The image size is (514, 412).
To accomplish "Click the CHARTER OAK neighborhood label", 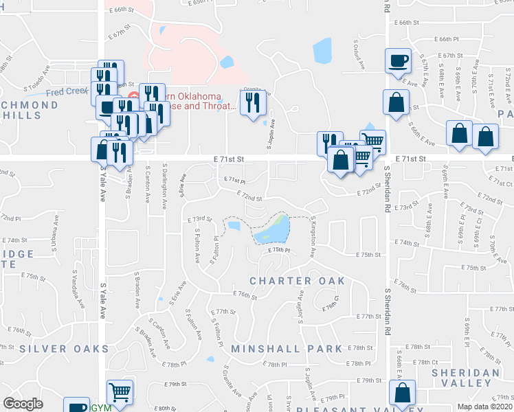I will pyautogui.click(x=297, y=281).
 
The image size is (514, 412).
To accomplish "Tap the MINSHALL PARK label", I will pyautogui.click(x=287, y=349).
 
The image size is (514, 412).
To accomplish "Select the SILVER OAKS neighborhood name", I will pyautogui.click(x=64, y=349).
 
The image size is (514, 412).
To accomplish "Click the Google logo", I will pyautogui.click(x=23, y=404).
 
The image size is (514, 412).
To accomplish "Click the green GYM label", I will pyautogui.click(x=101, y=407).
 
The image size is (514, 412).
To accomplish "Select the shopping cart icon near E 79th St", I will pyautogui.click(x=120, y=392).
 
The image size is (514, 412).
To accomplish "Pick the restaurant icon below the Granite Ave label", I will pyautogui.click(x=253, y=102).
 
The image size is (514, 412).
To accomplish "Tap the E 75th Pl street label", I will pyautogui.click(x=280, y=251).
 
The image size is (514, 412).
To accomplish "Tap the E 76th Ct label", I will pyautogui.click(x=331, y=303).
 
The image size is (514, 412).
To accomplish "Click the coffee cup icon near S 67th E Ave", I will pyautogui.click(x=398, y=60).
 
